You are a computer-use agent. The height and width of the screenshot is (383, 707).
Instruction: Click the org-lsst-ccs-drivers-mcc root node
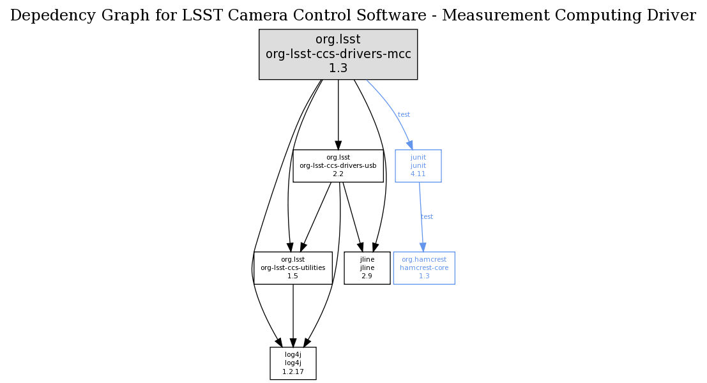pyautogui.click(x=338, y=54)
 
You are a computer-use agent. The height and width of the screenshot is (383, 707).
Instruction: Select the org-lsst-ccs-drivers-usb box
pyautogui.click(x=338, y=165)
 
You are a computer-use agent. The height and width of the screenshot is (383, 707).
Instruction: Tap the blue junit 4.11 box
pyautogui.click(x=418, y=165)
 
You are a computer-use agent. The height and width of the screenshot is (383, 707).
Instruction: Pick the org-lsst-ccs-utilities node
pyautogui.click(x=293, y=267)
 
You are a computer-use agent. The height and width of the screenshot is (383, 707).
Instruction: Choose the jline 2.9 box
pyautogui.click(x=367, y=267)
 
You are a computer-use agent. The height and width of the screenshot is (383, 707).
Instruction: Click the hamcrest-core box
pyautogui.click(x=424, y=267)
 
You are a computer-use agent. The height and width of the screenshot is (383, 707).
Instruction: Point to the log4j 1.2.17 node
pyautogui.click(x=293, y=363)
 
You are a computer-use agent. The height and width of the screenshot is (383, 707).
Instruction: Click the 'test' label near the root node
pyautogui.click(x=404, y=115)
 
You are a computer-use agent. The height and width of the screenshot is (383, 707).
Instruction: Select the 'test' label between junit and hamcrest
pyautogui.click(x=427, y=217)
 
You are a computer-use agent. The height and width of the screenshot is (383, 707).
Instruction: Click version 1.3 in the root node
pyautogui.click(x=338, y=68)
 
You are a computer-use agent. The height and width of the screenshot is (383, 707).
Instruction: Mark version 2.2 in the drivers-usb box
pyautogui.click(x=338, y=174)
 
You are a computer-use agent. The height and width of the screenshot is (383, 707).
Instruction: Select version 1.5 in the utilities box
pyautogui.click(x=293, y=276)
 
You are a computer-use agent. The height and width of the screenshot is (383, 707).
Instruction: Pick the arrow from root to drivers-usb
pyautogui.click(x=338, y=115)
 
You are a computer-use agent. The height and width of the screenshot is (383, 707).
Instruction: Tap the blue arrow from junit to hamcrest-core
pyautogui.click(x=421, y=217)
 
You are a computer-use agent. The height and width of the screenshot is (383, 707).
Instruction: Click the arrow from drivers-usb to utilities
pyautogui.click(x=315, y=217)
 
